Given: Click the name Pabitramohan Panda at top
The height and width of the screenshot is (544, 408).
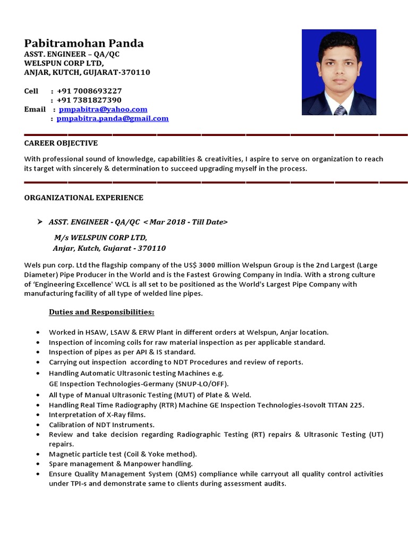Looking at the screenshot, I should [x=84, y=44].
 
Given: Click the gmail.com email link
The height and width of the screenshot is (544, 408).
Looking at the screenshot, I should [x=113, y=118].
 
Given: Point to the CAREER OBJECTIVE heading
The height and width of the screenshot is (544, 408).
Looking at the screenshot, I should [x=61, y=143].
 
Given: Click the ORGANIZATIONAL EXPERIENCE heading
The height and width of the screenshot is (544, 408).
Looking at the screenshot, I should [x=84, y=198].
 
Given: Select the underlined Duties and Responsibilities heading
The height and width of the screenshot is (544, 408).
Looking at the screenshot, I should [x=101, y=312].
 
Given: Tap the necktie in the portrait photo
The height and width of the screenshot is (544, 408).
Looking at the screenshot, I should [x=340, y=110].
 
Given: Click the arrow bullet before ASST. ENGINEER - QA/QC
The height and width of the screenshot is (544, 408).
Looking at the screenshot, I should [x=39, y=222].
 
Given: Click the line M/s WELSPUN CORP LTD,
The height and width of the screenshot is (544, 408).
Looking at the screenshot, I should [x=100, y=237].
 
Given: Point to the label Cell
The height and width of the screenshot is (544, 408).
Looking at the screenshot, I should [x=31, y=91].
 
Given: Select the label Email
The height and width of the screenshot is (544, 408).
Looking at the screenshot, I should [x=35, y=109].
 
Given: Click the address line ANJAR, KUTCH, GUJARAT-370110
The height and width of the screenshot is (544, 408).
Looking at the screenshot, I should [x=87, y=72].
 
